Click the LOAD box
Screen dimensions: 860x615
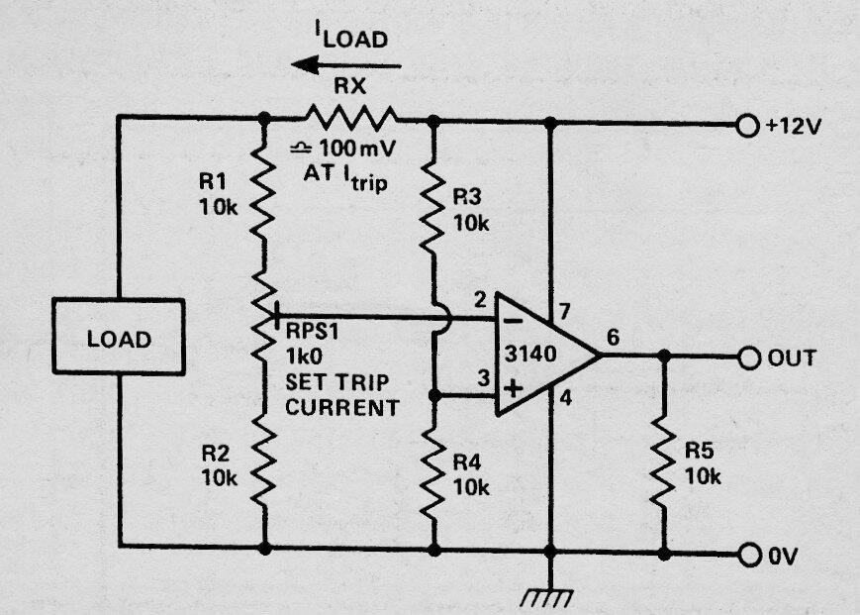pos(119,337)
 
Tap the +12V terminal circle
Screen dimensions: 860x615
pos(747,126)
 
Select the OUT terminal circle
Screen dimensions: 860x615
pos(749,358)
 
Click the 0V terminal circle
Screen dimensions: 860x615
pos(749,555)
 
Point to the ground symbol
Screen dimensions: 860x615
pos(546,597)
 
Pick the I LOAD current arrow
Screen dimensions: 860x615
pos(346,65)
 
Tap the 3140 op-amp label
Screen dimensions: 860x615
pos(530,354)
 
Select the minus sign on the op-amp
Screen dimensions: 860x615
pos(513,321)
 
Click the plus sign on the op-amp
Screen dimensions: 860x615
pos(514,389)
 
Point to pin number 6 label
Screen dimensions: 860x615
pos(613,337)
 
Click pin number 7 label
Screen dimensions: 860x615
pos(564,312)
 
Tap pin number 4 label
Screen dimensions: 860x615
pos(566,397)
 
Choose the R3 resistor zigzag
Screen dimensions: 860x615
pos(433,206)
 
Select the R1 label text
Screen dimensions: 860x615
pos(212,180)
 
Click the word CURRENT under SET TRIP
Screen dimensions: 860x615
pos(341,408)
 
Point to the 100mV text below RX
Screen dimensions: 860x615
pos(357,149)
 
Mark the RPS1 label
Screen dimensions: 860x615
pos(312,332)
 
